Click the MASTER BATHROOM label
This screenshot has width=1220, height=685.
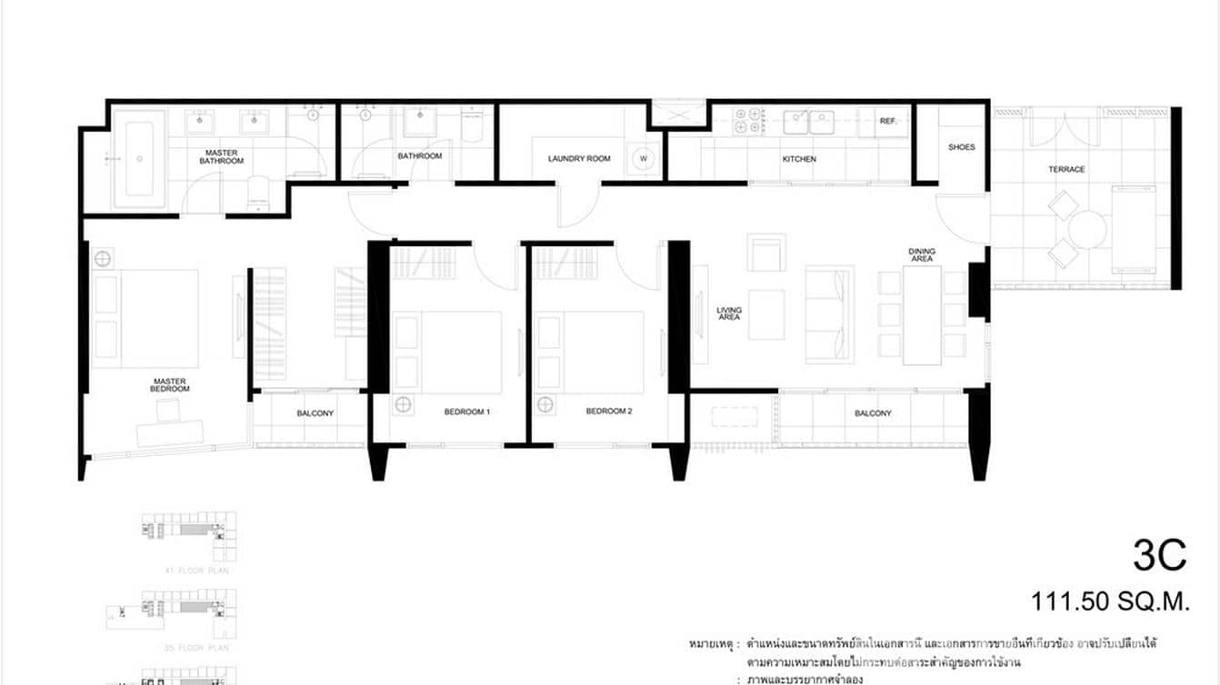pos(222,157)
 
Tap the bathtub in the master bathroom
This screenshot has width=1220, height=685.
pos(139,158)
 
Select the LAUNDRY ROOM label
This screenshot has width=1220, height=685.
pos(579,159)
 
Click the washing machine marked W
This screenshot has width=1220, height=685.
pos(644,158)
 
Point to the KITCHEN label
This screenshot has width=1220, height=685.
pos(799,159)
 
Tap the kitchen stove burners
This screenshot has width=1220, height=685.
pos(749,122)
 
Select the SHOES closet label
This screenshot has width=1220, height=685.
pos(961,147)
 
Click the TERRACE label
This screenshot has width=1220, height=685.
pos(1066,170)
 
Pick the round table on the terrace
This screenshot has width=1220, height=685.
pos(1086,230)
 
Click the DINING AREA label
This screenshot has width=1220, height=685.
pos(921,255)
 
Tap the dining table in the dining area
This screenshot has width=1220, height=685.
pos(921,314)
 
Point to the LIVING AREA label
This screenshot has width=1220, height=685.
pos(728,313)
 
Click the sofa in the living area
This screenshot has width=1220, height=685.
pos(829,314)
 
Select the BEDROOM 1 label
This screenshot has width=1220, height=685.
pos(467,412)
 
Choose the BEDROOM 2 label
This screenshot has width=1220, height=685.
pos(608,412)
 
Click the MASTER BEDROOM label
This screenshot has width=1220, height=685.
pos(170,384)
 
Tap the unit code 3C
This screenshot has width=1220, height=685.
pos(1159,555)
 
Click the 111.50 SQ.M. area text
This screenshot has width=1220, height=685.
pos(1109,601)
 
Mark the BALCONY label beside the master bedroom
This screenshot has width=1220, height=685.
pos(315,413)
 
